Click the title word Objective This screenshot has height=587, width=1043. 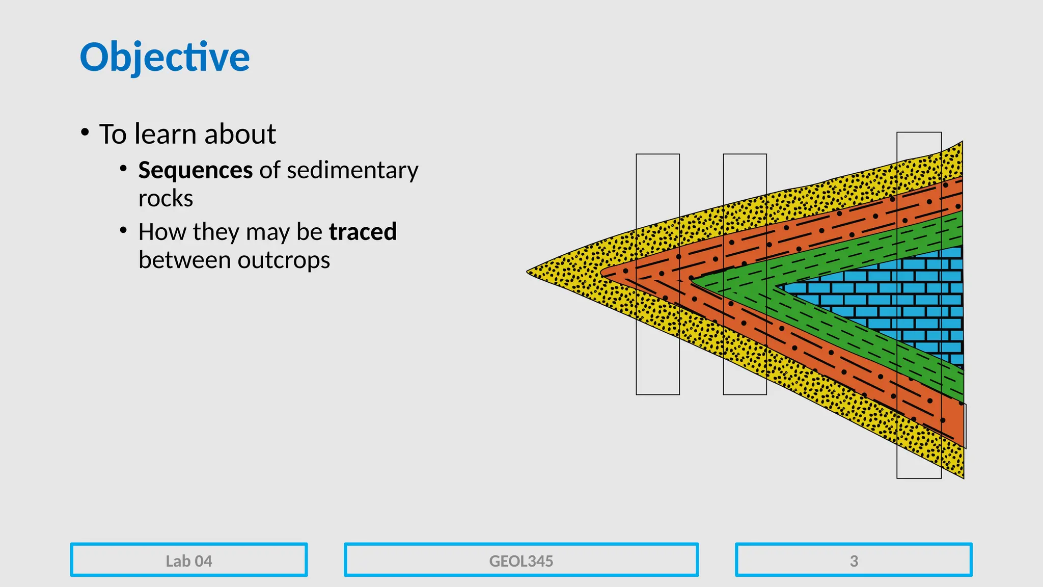(x=164, y=57)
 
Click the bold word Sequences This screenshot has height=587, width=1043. (x=195, y=170)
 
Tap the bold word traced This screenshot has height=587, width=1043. (x=363, y=232)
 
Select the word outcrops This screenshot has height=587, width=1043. (x=284, y=260)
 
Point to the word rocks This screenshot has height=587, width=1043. (x=166, y=199)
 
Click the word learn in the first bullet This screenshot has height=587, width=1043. (x=165, y=135)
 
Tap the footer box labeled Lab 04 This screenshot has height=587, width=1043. (x=189, y=561)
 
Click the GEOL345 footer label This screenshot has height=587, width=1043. (x=521, y=561)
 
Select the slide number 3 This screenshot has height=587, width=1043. (x=854, y=561)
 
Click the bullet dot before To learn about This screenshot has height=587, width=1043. (x=85, y=132)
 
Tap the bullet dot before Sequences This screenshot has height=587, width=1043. (x=123, y=169)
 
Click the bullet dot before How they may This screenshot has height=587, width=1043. (x=123, y=230)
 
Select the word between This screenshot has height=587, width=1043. (x=184, y=260)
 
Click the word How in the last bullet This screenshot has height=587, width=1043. (x=162, y=232)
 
